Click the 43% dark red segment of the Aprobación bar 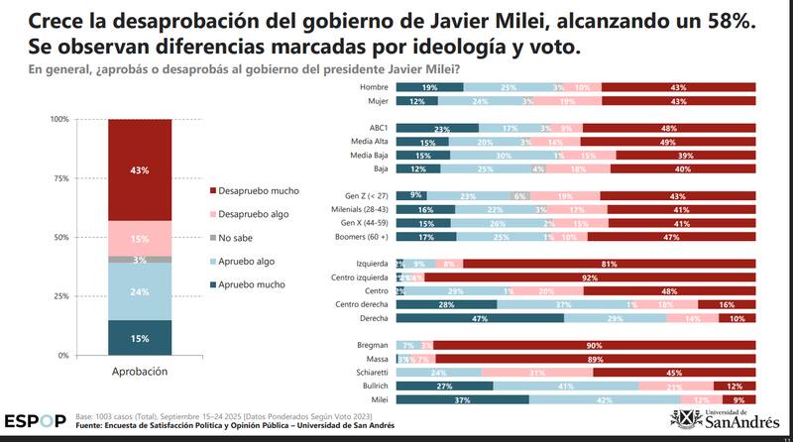click(139, 170)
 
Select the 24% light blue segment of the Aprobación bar click(139, 291)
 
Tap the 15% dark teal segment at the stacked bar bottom click(139, 338)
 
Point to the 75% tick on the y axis click(60, 178)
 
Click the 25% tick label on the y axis click(60, 296)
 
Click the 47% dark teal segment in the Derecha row click(480, 319)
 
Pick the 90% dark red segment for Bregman click(594, 344)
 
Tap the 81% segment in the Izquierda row click(609, 264)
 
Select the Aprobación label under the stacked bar click(139, 372)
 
